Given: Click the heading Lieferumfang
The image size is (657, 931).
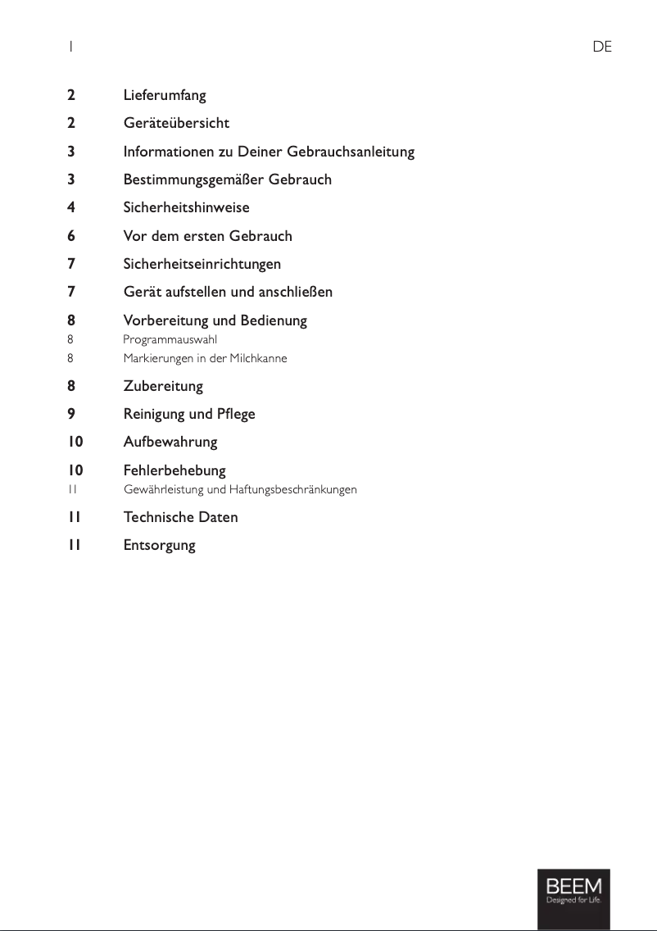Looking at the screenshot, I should tap(164, 95).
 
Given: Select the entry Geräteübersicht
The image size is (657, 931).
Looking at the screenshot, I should tap(176, 123).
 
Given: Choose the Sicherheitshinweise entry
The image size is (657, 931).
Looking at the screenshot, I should tap(186, 207).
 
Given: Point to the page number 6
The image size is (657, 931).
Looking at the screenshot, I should tap(71, 236).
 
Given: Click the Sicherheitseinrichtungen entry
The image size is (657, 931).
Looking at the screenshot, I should tap(202, 264).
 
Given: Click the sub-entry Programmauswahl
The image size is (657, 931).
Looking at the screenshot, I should tap(170, 339).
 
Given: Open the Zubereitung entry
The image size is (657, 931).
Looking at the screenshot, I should tap(163, 386).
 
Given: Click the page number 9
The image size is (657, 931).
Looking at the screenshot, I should tap(71, 414).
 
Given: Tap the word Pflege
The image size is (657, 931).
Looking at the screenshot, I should tap(236, 414).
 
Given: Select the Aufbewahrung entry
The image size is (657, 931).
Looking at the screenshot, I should tap(170, 442).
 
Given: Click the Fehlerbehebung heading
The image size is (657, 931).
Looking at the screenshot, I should tap(174, 470).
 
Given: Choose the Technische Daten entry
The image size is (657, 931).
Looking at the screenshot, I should tap(180, 517).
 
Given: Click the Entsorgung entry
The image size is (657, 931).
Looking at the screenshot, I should tap(159, 545).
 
